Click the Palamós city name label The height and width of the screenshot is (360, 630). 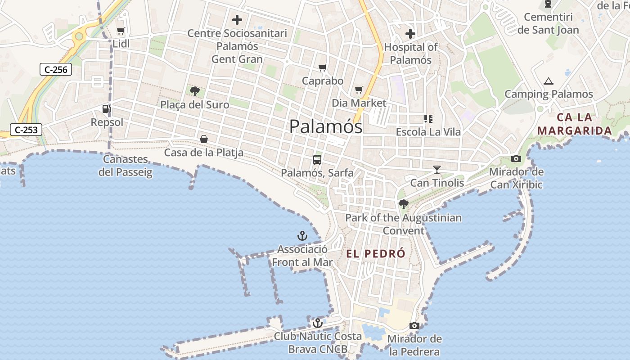[x=326, y=126]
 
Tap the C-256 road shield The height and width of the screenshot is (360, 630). [x=56, y=69]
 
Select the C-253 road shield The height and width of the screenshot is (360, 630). [x=26, y=130]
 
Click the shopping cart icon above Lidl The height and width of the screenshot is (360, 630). [x=121, y=31]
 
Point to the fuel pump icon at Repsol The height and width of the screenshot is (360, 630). [x=106, y=109]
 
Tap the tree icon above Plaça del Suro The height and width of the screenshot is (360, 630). [x=195, y=91]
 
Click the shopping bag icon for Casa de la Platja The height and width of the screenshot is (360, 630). [x=204, y=139]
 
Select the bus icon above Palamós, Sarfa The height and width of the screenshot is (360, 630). [x=317, y=159]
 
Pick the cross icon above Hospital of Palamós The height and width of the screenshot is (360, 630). [x=410, y=33]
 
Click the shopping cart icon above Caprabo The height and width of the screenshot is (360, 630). [x=322, y=68]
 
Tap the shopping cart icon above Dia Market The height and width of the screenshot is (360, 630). [x=359, y=90]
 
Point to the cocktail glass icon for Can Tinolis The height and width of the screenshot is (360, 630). [x=436, y=169]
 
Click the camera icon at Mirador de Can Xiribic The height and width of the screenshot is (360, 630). [x=516, y=158]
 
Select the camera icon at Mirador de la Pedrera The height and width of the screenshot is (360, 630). [x=414, y=325]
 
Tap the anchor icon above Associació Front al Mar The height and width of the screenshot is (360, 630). [x=302, y=235]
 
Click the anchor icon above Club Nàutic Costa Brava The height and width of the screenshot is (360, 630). [x=318, y=323]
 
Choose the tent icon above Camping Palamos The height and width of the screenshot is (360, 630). [x=548, y=81]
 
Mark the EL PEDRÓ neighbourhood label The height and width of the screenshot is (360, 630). [x=376, y=253]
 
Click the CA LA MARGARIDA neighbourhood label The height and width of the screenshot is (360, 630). [x=575, y=124]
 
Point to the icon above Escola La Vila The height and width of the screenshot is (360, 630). [x=428, y=119]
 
